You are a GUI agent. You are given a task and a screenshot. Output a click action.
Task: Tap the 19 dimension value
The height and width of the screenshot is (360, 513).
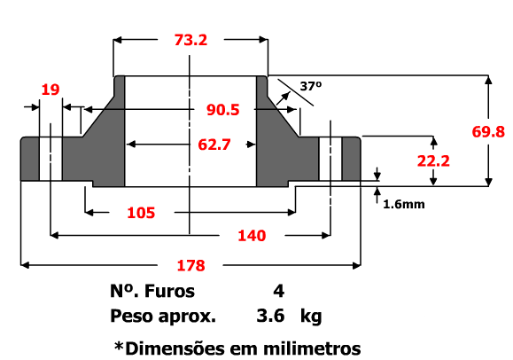tap(51, 89)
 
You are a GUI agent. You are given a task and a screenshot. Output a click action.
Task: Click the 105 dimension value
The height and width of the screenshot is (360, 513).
tap(140, 213)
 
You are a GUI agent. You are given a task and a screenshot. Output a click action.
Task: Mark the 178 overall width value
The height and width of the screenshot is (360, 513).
tap(190, 265)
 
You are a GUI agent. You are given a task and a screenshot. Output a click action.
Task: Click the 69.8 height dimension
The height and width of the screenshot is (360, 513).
tap(488, 131)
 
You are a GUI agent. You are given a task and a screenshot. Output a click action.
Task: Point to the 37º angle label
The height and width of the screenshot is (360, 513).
tap(310, 87)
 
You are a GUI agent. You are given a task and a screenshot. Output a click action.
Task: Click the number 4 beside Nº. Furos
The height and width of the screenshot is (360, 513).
tap(279, 291)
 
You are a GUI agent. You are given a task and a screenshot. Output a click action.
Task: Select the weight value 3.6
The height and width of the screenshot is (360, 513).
tap(269, 316)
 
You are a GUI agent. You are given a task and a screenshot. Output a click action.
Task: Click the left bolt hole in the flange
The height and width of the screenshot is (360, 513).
tap(51, 160)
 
